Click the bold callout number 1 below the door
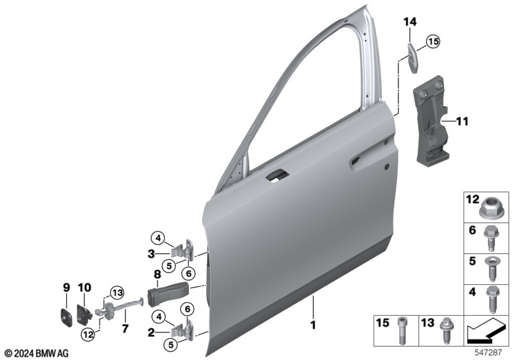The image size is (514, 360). point(314,325)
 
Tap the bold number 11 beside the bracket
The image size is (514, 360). point(462,122)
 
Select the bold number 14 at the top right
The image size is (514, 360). point(410,22)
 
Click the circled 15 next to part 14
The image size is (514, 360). point(433,42)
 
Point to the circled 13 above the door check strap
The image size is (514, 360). point(117,292)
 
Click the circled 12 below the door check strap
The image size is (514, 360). point(88,334)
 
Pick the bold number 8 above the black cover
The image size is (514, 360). point(157,274)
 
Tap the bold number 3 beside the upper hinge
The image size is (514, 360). point(151,254)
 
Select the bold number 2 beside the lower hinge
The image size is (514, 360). point(151,333)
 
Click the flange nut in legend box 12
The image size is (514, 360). point(489,208)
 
